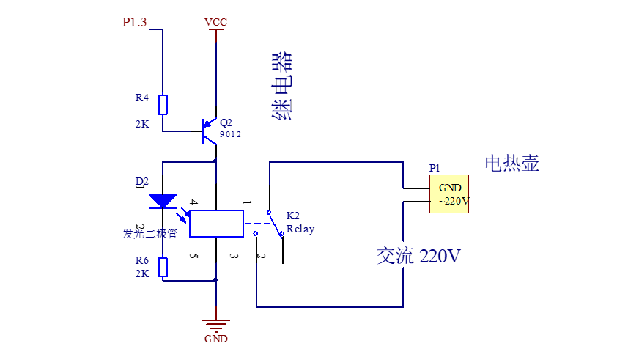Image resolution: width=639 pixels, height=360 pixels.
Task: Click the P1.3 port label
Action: pyautogui.click(x=134, y=22)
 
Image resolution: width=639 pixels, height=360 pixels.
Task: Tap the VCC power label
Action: pyautogui.click(x=215, y=22)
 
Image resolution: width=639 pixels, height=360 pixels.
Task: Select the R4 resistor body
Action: pyautogui.click(x=163, y=105)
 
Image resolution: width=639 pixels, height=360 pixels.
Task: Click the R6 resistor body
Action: pyautogui.click(x=163, y=268)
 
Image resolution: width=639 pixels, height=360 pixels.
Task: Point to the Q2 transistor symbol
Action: pyautogui.click(x=209, y=131)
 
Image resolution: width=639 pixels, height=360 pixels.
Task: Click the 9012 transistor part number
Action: pyautogui.click(x=230, y=134)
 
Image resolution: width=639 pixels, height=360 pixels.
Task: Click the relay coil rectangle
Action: pyautogui.click(x=216, y=224)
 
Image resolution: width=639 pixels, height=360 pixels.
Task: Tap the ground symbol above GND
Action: pyautogui.click(x=216, y=326)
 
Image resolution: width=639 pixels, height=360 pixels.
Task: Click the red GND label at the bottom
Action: pyautogui.click(x=216, y=339)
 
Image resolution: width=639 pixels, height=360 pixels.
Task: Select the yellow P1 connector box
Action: pyautogui.click(x=449, y=194)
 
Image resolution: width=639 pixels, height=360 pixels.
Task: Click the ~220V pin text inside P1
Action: pyautogui.click(x=454, y=201)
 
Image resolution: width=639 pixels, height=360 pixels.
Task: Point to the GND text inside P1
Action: pyautogui.click(x=450, y=188)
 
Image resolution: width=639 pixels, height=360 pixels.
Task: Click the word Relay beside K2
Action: pyautogui.click(x=300, y=229)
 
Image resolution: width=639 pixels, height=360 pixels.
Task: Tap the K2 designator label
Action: pyautogui.click(x=292, y=216)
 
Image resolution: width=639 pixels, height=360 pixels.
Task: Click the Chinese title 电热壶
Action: pyautogui.click(x=511, y=163)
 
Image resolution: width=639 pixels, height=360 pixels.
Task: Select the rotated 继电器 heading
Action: pyautogui.click(x=281, y=86)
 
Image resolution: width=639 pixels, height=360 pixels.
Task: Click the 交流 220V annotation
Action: pyautogui.click(x=418, y=256)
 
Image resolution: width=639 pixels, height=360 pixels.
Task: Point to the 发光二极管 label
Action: pyautogui.click(x=150, y=234)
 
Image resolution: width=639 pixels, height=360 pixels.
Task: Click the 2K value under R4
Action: pyautogui.click(x=142, y=124)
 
